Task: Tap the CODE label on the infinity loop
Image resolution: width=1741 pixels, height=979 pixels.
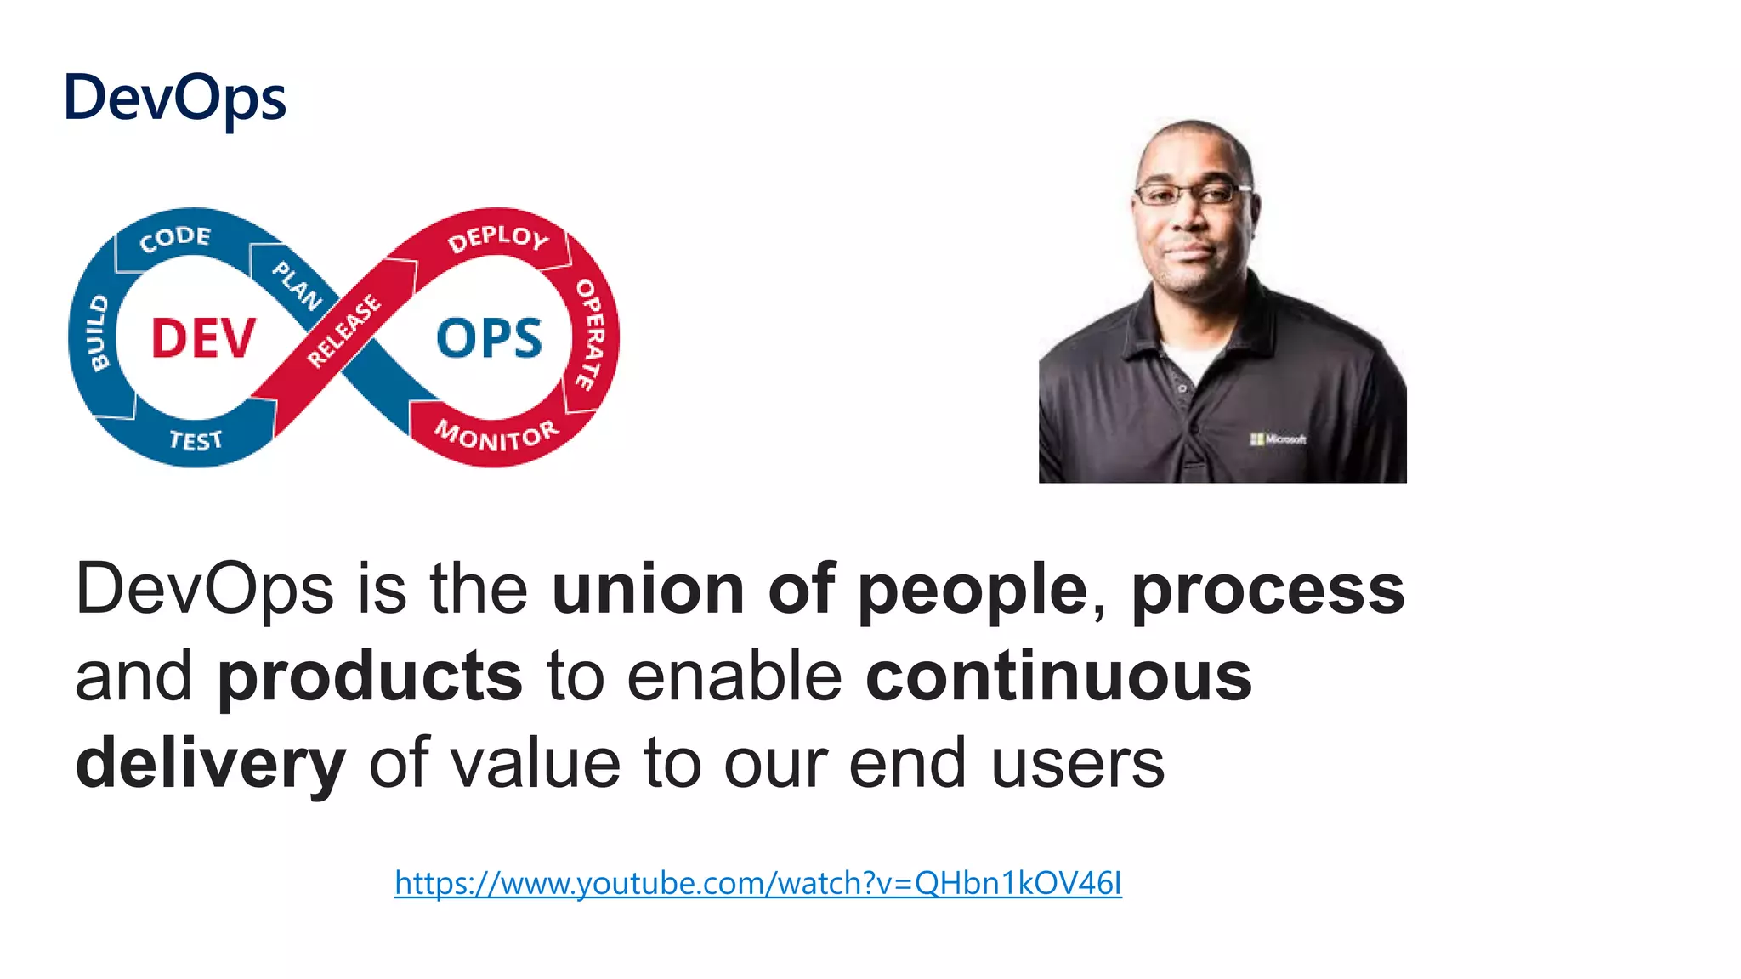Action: point(175,238)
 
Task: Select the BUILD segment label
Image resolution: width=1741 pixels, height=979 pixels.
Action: point(99,333)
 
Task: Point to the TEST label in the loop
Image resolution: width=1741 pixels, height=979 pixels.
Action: point(196,440)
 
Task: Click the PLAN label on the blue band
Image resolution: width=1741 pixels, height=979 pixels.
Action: point(297,286)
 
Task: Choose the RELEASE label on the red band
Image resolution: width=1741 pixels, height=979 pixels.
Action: point(343,331)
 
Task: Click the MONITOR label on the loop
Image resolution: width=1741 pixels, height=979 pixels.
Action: point(496,435)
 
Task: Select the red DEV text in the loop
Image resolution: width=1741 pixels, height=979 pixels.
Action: point(203,338)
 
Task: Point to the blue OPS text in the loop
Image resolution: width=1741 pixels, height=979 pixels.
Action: point(489,338)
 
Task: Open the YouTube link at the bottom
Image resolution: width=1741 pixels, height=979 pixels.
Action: point(757,884)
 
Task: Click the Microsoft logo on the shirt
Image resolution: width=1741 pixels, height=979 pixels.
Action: point(1278,439)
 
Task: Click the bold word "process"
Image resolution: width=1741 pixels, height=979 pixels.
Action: point(1267,589)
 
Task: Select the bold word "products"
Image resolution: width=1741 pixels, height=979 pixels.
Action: point(370,676)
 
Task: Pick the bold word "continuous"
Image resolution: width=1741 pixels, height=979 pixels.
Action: point(1058,676)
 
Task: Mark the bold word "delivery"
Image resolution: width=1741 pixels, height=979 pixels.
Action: point(211,764)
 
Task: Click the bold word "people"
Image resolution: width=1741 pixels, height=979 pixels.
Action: point(973,589)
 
